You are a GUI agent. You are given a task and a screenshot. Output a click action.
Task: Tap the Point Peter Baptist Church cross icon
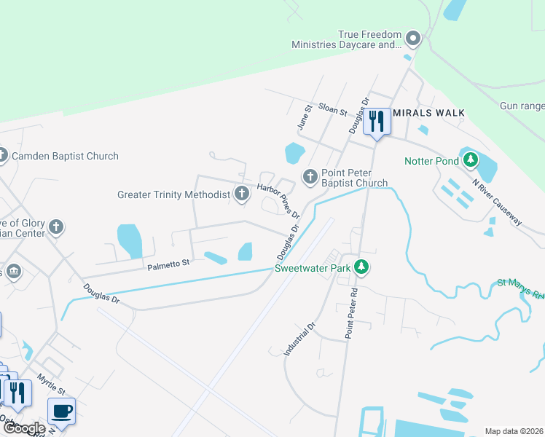pyautogui.click(x=310, y=176)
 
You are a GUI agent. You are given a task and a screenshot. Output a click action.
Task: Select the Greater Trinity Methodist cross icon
pyautogui.click(x=242, y=194)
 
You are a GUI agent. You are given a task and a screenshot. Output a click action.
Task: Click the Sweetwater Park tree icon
pyautogui.click(x=361, y=267)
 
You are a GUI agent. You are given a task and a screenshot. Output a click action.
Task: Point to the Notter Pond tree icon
pyautogui.click(x=471, y=160)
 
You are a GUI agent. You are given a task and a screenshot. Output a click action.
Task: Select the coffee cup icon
pyautogui.click(x=62, y=411)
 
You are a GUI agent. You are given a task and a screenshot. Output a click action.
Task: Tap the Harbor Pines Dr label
pyautogui.click(x=278, y=202)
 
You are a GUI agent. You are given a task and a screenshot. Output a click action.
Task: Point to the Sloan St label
pyautogui.click(x=332, y=109)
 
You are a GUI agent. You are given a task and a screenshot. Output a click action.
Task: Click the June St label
pyautogui.click(x=305, y=117)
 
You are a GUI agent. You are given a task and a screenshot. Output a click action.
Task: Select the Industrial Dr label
pyautogui.click(x=299, y=339)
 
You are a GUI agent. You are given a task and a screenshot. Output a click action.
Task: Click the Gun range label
pyautogui.click(x=522, y=106)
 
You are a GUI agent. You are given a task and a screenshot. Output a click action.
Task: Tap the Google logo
pyautogui.click(x=23, y=428)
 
